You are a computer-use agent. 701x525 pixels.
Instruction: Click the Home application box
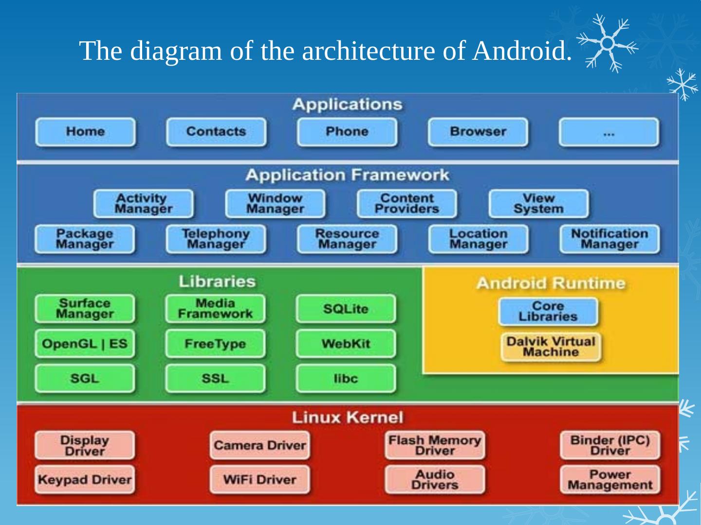pos(85,132)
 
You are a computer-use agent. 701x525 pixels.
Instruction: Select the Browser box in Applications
pos(478,132)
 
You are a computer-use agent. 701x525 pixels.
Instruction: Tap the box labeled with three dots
pos(609,132)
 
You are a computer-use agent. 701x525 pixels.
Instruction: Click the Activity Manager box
pos(143,204)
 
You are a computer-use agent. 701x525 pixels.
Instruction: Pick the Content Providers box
pos(406,204)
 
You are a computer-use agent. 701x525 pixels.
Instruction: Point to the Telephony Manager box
pos(216,239)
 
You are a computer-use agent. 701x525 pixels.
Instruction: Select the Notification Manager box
pos(609,239)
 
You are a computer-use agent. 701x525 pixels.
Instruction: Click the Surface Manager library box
pos(85,309)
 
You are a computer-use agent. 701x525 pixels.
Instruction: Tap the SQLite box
pos(346,309)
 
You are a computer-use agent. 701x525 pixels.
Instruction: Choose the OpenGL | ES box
pos(85,344)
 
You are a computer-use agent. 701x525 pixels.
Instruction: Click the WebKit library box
pos(346,344)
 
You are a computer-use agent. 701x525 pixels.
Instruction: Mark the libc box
pos(346,379)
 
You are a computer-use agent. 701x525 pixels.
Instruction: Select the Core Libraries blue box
pos(548,312)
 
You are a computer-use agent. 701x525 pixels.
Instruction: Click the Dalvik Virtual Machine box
pos(551,347)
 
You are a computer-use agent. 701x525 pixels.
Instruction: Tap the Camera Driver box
pos(259,445)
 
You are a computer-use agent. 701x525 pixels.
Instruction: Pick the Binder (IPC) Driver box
pos(610,445)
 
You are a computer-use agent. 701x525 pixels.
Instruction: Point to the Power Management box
pos(610,480)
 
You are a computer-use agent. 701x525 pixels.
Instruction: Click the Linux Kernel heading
pos(348,418)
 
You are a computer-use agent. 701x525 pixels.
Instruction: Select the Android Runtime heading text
pos(551,283)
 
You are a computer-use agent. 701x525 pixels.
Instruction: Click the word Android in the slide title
pos(522,51)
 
